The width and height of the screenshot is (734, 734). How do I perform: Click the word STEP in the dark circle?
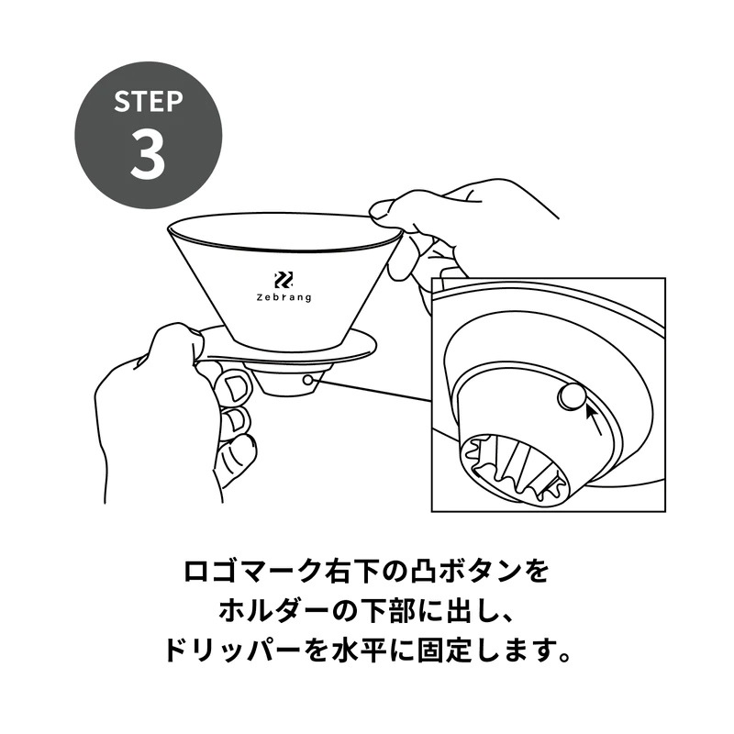(148, 101)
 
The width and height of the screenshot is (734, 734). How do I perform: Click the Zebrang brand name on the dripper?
(284, 297)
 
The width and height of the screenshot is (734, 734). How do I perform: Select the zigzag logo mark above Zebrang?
(284, 280)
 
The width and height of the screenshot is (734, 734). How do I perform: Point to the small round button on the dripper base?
(307, 380)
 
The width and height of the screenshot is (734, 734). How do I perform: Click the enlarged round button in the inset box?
(571, 396)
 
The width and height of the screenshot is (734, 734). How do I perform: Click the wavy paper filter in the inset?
(515, 468)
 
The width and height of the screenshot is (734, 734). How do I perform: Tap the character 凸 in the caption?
(425, 572)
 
